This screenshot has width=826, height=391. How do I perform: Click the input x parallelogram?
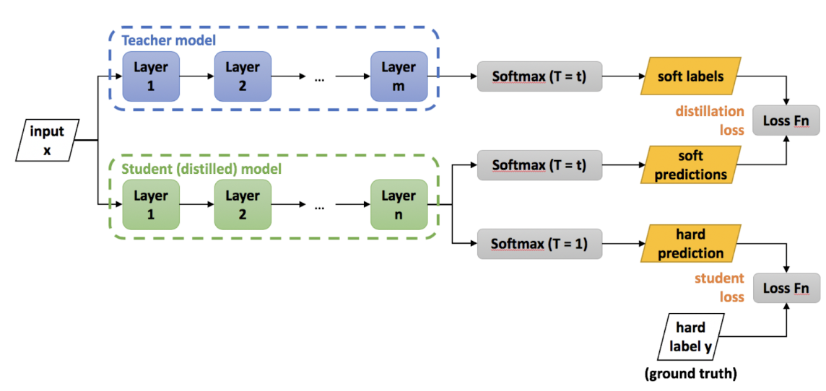[x=46, y=141]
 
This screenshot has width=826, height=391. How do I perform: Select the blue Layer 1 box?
[x=150, y=76]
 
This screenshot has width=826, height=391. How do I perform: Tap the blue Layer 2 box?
[x=242, y=76]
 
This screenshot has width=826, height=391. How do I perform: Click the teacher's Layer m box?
[x=399, y=76]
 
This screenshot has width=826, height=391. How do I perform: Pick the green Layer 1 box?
[x=150, y=204]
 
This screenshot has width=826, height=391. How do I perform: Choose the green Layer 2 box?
[x=242, y=204]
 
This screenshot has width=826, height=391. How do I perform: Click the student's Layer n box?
[x=399, y=204]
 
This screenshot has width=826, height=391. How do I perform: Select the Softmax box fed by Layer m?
[x=539, y=76]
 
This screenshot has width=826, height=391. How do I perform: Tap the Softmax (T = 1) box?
[x=539, y=244]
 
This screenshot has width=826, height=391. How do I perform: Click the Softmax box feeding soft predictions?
[x=539, y=165]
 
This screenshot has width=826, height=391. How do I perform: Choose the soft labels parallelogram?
[x=690, y=76]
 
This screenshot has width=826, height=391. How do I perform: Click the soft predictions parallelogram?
[x=690, y=165]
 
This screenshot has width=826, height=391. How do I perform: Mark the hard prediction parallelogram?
[x=690, y=244]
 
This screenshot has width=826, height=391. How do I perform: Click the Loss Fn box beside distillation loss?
[x=786, y=120]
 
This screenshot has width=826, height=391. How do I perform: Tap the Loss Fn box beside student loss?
[x=786, y=289]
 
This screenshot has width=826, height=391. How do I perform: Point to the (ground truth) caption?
[x=690, y=374]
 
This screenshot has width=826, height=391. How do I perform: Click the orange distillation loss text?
[x=710, y=120]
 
